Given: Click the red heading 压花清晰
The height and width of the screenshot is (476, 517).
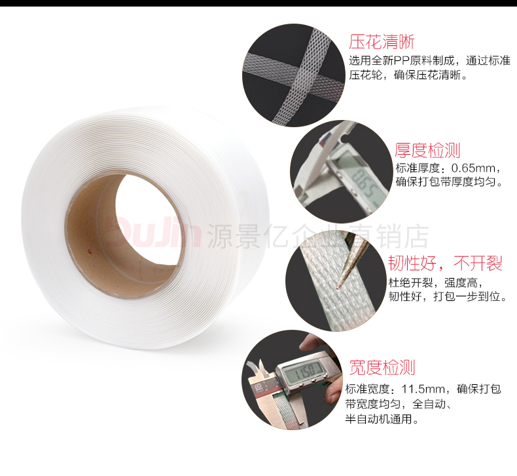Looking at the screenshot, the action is coord(382,42).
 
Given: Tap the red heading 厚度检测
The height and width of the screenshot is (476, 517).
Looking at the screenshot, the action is coord(427,151).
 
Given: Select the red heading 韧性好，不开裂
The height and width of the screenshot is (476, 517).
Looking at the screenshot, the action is coord(445,264).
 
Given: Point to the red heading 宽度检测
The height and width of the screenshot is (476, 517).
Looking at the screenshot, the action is coord(382,367).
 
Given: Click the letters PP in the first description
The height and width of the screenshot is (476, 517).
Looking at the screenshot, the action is coord(401,61).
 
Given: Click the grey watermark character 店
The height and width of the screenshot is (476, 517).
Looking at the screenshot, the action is coord(416,236).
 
